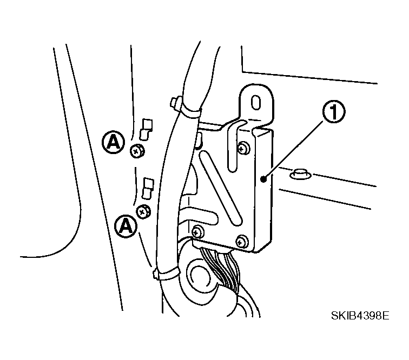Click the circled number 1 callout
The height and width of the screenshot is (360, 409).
point(334,112)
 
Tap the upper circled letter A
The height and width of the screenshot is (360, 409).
point(113,142)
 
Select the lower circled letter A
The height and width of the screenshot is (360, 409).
point(126,226)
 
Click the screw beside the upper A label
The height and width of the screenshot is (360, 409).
point(137,151)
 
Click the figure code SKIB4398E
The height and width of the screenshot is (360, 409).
point(360,316)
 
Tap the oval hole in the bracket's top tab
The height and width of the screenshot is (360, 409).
point(256,103)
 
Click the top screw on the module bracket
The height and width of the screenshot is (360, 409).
point(244,148)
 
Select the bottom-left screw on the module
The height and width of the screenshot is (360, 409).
point(197,232)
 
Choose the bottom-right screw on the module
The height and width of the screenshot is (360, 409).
point(241,242)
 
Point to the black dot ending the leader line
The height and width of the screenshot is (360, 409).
point(264,179)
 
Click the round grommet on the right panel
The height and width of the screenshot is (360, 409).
point(300,174)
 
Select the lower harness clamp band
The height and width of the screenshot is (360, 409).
point(167,274)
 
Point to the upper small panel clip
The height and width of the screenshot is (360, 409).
point(146,130)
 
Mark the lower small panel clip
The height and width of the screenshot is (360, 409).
point(148,189)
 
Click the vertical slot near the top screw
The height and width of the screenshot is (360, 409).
point(233,146)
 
